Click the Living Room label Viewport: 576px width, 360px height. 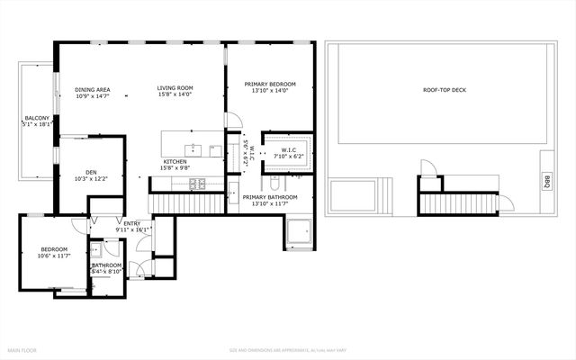point(175,91)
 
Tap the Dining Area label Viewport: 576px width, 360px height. point(92,93)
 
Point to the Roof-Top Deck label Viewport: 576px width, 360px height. point(445,90)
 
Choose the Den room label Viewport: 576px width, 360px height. point(91,175)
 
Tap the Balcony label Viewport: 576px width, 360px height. point(37,122)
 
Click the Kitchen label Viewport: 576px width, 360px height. point(175,165)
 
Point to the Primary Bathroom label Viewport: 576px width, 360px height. point(270,200)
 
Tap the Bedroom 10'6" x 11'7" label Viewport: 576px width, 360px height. point(53,253)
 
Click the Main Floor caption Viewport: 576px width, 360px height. point(22,349)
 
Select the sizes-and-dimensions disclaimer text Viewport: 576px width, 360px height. point(287,349)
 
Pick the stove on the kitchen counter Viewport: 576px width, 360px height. point(197,184)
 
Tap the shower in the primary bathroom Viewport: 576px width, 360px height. point(300,233)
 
